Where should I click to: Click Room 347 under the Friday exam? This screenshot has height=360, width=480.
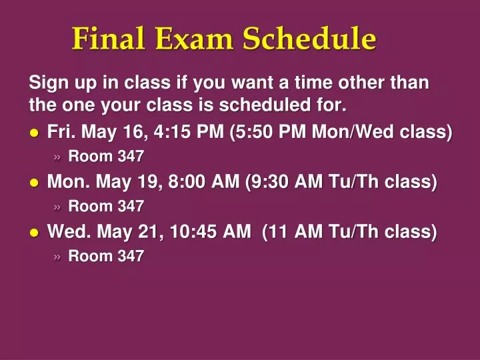[106, 157]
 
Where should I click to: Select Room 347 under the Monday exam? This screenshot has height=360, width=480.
[106, 207]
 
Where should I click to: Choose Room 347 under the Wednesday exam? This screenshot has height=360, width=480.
[106, 257]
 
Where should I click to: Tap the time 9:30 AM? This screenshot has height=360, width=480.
[279, 182]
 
